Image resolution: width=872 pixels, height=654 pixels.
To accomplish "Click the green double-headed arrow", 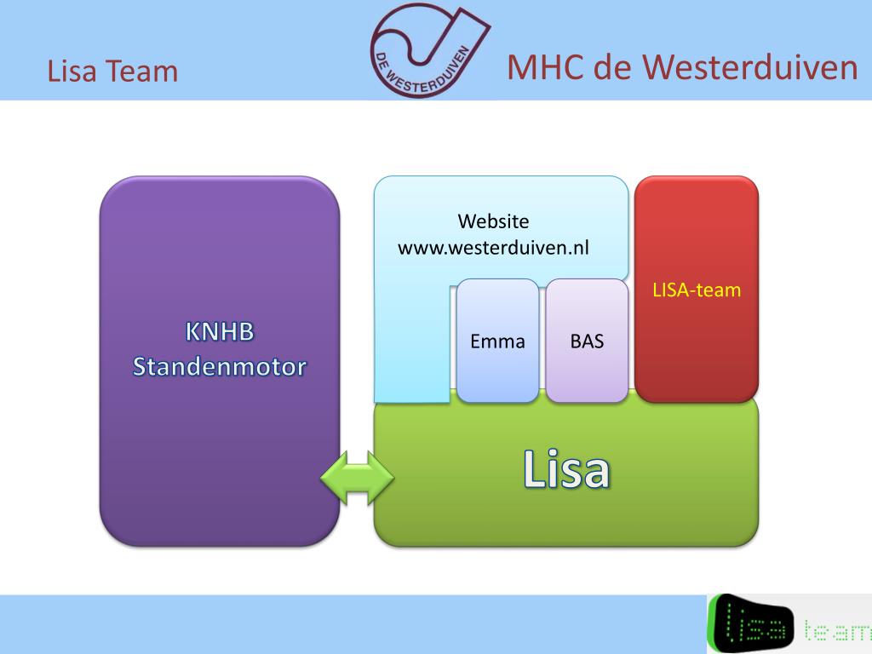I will pyautogui.click(x=358, y=477).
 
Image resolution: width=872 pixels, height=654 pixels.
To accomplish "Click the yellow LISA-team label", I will pyautogui.click(x=697, y=290).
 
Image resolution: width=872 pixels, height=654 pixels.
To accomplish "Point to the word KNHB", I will pyautogui.click(x=220, y=331).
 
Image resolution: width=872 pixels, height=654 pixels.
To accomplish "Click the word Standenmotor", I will pyautogui.click(x=220, y=368).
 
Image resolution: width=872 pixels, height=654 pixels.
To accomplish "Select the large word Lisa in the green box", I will pyautogui.click(x=566, y=470).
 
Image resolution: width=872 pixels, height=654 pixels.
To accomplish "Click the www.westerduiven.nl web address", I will pyautogui.click(x=494, y=249).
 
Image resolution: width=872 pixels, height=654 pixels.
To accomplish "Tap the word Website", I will pyautogui.click(x=493, y=221).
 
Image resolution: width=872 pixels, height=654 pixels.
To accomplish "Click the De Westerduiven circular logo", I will pyautogui.click(x=428, y=49).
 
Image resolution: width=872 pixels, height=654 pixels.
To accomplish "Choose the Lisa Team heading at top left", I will pyautogui.click(x=112, y=71).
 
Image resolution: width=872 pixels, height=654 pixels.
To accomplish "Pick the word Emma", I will pyautogui.click(x=498, y=342).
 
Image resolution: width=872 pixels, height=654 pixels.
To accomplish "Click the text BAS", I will pyautogui.click(x=588, y=342).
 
